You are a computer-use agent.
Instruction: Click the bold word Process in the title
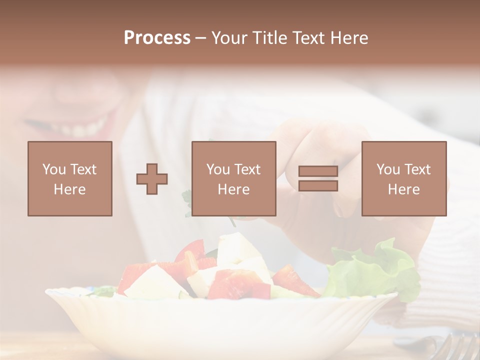pyautogui.click(x=157, y=38)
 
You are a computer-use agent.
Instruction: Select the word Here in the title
pyautogui.click(x=348, y=38)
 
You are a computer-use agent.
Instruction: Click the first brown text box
pyautogui.click(x=70, y=178)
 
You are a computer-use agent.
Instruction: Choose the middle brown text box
pyautogui.click(x=234, y=178)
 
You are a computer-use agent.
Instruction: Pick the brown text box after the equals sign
pyautogui.click(x=404, y=178)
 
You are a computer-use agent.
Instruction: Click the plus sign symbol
pyautogui.click(x=152, y=179)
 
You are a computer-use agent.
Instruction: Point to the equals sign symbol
pyautogui.click(x=318, y=178)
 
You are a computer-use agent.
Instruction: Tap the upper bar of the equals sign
pyautogui.click(x=318, y=171)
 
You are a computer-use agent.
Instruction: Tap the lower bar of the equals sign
pyautogui.click(x=318, y=186)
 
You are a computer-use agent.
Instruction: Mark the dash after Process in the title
pyautogui.click(x=201, y=38)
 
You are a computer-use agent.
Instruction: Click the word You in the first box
pyautogui.click(x=53, y=169)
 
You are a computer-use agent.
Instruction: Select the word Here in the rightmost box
pyautogui.click(x=404, y=189)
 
